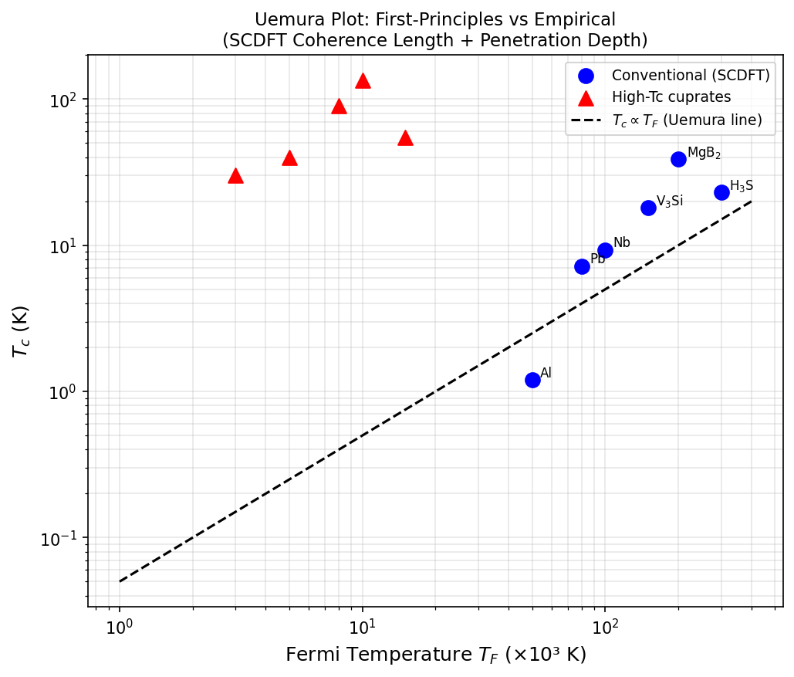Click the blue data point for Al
[x=532, y=380]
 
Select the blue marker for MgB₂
[x=678, y=159]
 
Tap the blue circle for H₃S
[x=721, y=192]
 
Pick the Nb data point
[x=605, y=250]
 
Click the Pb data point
[x=582, y=266]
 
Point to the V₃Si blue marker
[x=648, y=208]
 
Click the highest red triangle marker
[x=363, y=81]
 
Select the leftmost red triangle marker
[x=235, y=176]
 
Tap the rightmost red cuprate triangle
[x=405, y=138]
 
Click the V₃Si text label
[x=669, y=201]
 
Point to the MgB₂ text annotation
[x=704, y=153]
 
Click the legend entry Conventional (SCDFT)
[x=691, y=76]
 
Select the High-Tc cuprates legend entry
[x=671, y=97]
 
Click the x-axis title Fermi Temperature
[x=435, y=655]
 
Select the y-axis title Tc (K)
[x=21, y=330]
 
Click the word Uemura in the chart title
[x=280, y=20]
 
